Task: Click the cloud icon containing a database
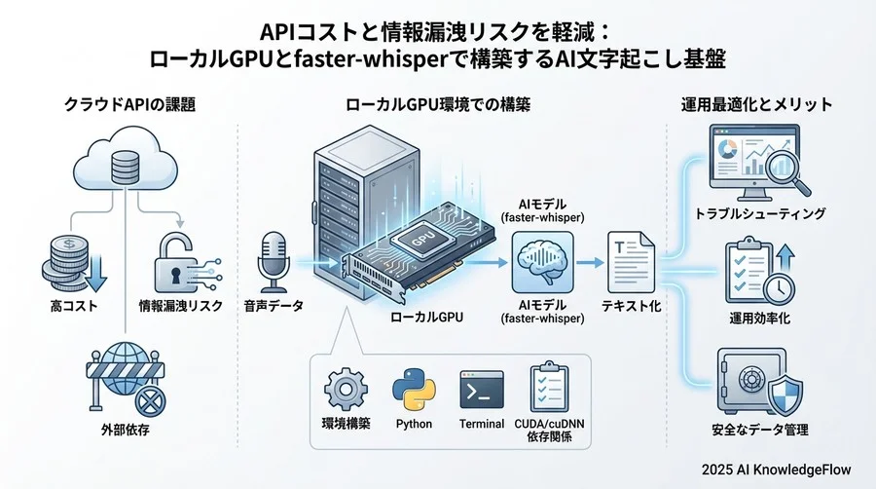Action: [x=122, y=167]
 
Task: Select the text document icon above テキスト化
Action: [x=626, y=258]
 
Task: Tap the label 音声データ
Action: [x=274, y=306]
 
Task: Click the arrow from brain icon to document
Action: [x=586, y=261]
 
